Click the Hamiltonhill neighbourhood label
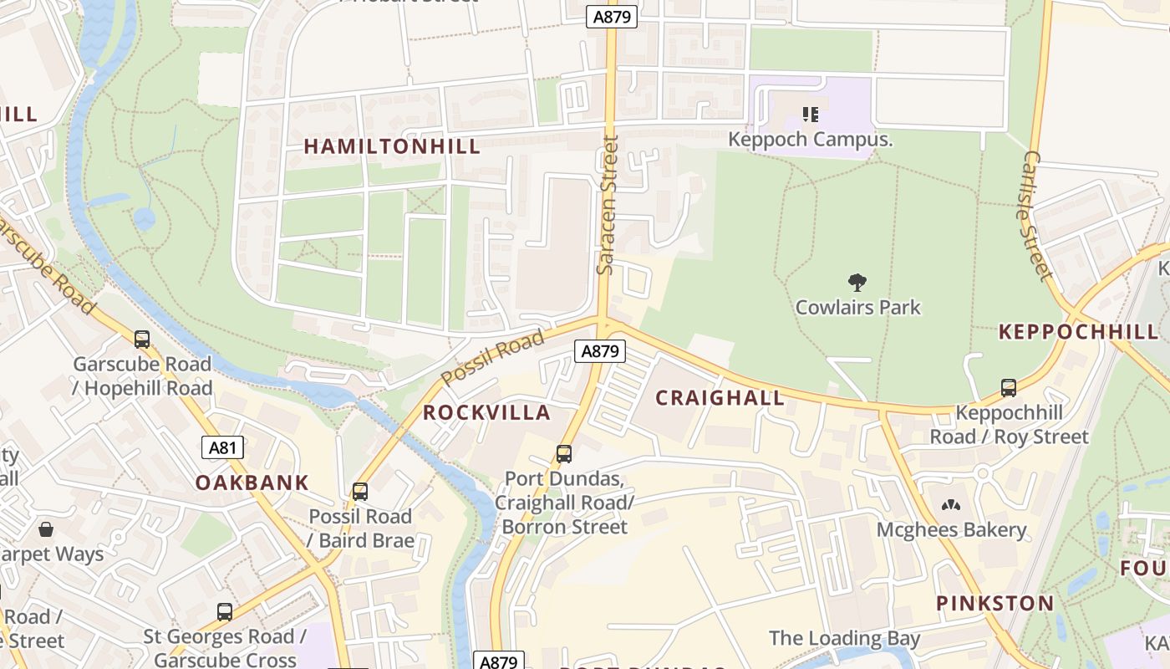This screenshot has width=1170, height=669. (x=392, y=146)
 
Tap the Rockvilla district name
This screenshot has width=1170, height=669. (x=486, y=412)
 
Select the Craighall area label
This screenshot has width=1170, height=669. (x=720, y=397)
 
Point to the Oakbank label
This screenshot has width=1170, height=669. (x=252, y=483)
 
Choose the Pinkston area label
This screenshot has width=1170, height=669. (x=994, y=603)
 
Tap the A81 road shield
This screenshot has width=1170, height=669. (x=222, y=447)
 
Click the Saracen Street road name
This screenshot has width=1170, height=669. (x=607, y=205)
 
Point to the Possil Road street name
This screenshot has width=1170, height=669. (x=492, y=357)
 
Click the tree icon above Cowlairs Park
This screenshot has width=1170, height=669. (x=857, y=283)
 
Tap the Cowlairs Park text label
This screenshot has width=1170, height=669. (x=857, y=307)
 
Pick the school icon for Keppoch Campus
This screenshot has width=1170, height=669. (x=810, y=115)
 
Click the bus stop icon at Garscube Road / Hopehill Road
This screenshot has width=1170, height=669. (x=142, y=340)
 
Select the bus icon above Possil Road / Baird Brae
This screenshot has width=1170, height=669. (x=360, y=492)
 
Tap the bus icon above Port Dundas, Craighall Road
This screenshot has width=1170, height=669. (x=564, y=454)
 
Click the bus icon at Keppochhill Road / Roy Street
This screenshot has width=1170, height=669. (x=1009, y=388)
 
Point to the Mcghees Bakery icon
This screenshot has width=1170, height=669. (x=951, y=505)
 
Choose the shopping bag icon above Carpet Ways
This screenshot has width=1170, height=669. (x=46, y=529)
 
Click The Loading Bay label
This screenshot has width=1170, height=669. (x=844, y=639)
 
